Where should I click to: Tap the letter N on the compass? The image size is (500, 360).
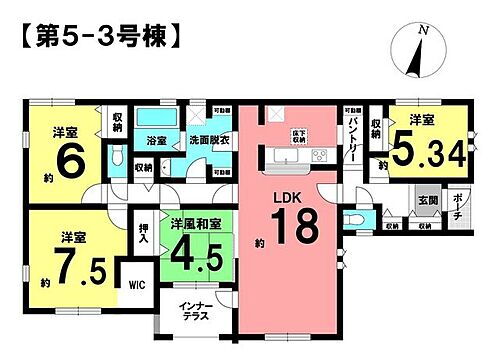tap(426, 32)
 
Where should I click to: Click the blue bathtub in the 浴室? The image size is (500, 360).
tap(156, 118)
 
